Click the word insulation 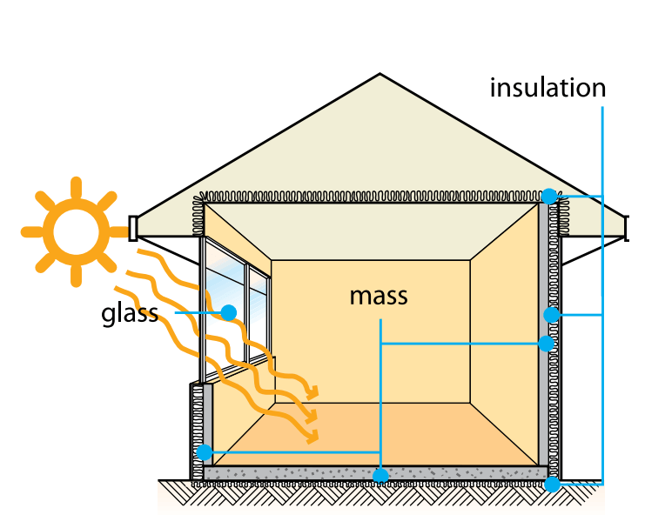pos(547,87)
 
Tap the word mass pos(379,296)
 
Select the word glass pos(130,312)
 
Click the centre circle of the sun pos(76,231)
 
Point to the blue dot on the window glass pos(229,311)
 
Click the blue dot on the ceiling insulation pos(549,196)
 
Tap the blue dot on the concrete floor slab pos(380,475)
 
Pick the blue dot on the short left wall pos(205,452)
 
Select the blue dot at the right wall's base pos(552,484)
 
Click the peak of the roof pos(380,74)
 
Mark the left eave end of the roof pos(133,228)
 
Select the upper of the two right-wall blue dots pos(551,314)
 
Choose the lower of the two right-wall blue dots pos(547,343)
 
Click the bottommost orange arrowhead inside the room pos(312,436)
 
